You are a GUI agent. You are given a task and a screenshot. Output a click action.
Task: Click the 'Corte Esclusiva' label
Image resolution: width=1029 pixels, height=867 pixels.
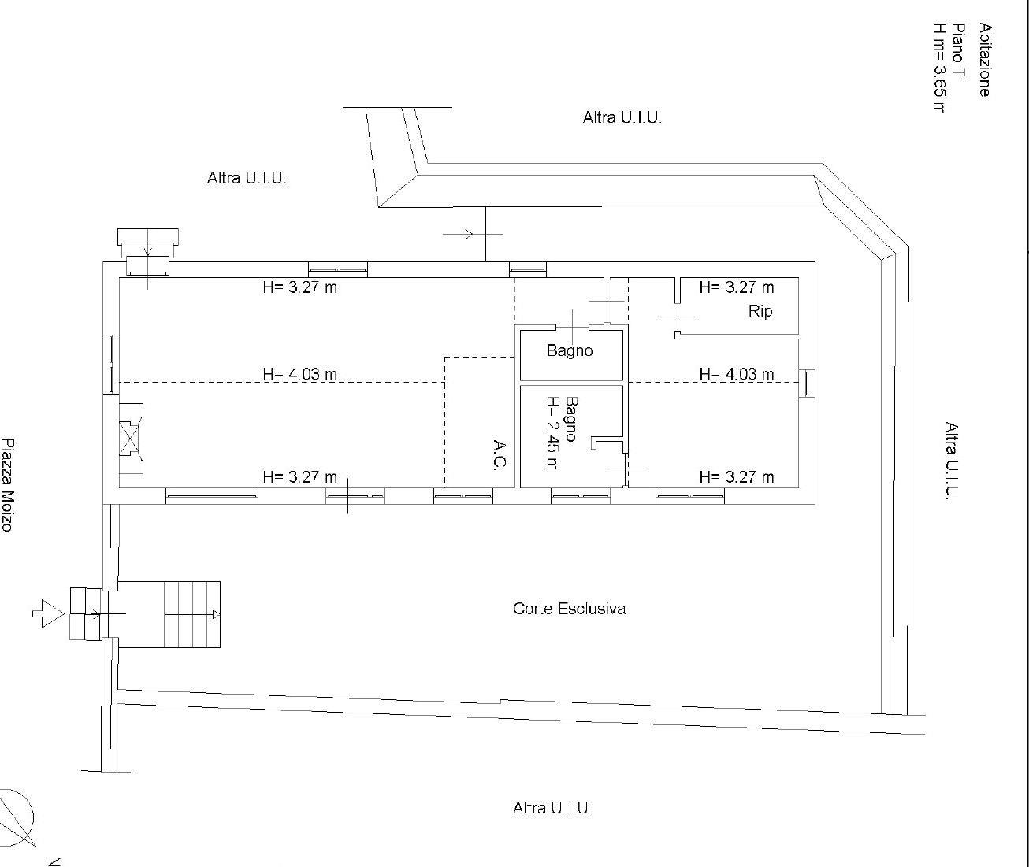[x=569, y=609]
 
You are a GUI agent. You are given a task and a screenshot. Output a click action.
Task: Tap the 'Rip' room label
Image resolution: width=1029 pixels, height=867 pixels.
[x=760, y=312]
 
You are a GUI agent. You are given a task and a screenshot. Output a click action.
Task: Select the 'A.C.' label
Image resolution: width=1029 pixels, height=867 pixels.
[x=500, y=455]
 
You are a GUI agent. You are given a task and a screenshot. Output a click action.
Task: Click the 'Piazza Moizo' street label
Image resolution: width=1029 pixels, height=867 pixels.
[x=7, y=485]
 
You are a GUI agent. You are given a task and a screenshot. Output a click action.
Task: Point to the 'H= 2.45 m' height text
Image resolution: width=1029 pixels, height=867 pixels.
[x=553, y=433]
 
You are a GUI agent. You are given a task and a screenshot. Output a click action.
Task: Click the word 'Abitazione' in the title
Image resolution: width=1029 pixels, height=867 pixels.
[x=984, y=60]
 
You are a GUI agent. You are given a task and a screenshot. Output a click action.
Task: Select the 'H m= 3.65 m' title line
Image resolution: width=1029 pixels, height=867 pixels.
[x=939, y=68]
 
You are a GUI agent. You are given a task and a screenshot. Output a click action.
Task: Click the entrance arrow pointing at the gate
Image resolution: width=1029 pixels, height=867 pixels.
[x=48, y=613]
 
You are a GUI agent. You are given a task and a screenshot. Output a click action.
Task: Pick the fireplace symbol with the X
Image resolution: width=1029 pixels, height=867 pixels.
[x=131, y=439]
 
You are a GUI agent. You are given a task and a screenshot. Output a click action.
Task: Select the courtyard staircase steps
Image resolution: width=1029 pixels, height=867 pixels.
[x=192, y=613]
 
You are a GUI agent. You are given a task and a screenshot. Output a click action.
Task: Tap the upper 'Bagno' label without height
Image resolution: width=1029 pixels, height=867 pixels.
[x=570, y=350]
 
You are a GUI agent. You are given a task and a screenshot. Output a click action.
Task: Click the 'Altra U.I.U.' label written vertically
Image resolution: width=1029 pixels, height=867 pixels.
[x=952, y=461]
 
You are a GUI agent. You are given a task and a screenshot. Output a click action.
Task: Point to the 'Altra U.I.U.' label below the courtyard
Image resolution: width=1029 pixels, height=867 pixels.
[x=552, y=809]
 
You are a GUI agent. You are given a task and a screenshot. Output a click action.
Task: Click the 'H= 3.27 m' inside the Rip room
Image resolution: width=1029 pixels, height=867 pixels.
[x=736, y=287]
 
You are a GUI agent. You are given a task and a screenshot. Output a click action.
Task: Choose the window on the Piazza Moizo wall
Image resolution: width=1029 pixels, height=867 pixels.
[x=111, y=365]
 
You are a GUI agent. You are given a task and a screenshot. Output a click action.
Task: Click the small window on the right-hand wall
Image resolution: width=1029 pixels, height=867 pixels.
[x=807, y=383]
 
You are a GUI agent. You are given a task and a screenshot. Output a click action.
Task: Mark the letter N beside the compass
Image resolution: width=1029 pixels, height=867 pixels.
[x=54, y=861]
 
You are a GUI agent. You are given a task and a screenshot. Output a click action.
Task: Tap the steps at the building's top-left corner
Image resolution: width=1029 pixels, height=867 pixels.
[x=148, y=251]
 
